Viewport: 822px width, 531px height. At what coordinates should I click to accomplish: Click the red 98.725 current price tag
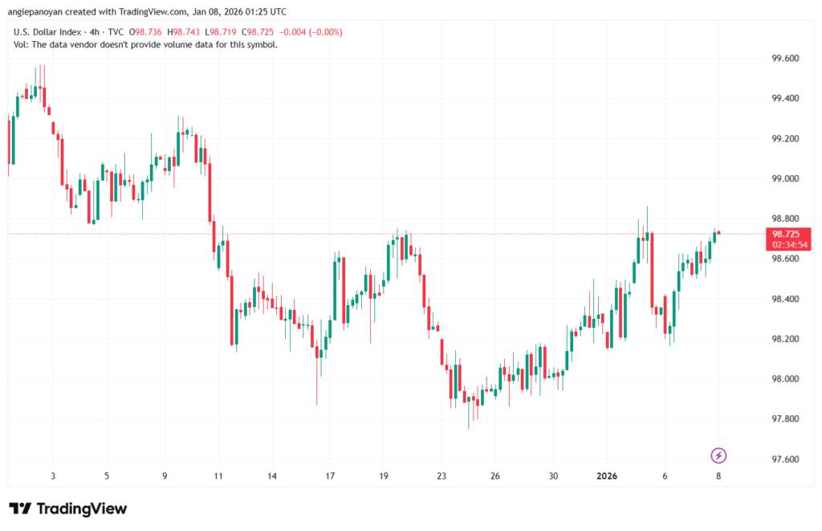click(x=785, y=234)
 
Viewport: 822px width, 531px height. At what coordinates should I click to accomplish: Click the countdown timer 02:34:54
click(x=786, y=244)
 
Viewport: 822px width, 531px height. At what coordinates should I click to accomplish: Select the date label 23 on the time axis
click(x=441, y=476)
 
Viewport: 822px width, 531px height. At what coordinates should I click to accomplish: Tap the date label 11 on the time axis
click(x=218, y=476)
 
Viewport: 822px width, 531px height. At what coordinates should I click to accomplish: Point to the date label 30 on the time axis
click(x=553, y=476)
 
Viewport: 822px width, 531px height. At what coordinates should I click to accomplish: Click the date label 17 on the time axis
click(x=330, y=476)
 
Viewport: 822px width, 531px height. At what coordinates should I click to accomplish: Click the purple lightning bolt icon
click(x=719, y=455)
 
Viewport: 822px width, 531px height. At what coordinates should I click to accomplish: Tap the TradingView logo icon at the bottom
click(x=20, y=509)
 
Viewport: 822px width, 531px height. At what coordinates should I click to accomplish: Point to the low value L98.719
click(x=222, y=32)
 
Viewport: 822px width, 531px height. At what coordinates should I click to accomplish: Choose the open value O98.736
click(x=145, y=32)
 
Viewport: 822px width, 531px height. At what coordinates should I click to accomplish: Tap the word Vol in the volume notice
click(x=21, y=44)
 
